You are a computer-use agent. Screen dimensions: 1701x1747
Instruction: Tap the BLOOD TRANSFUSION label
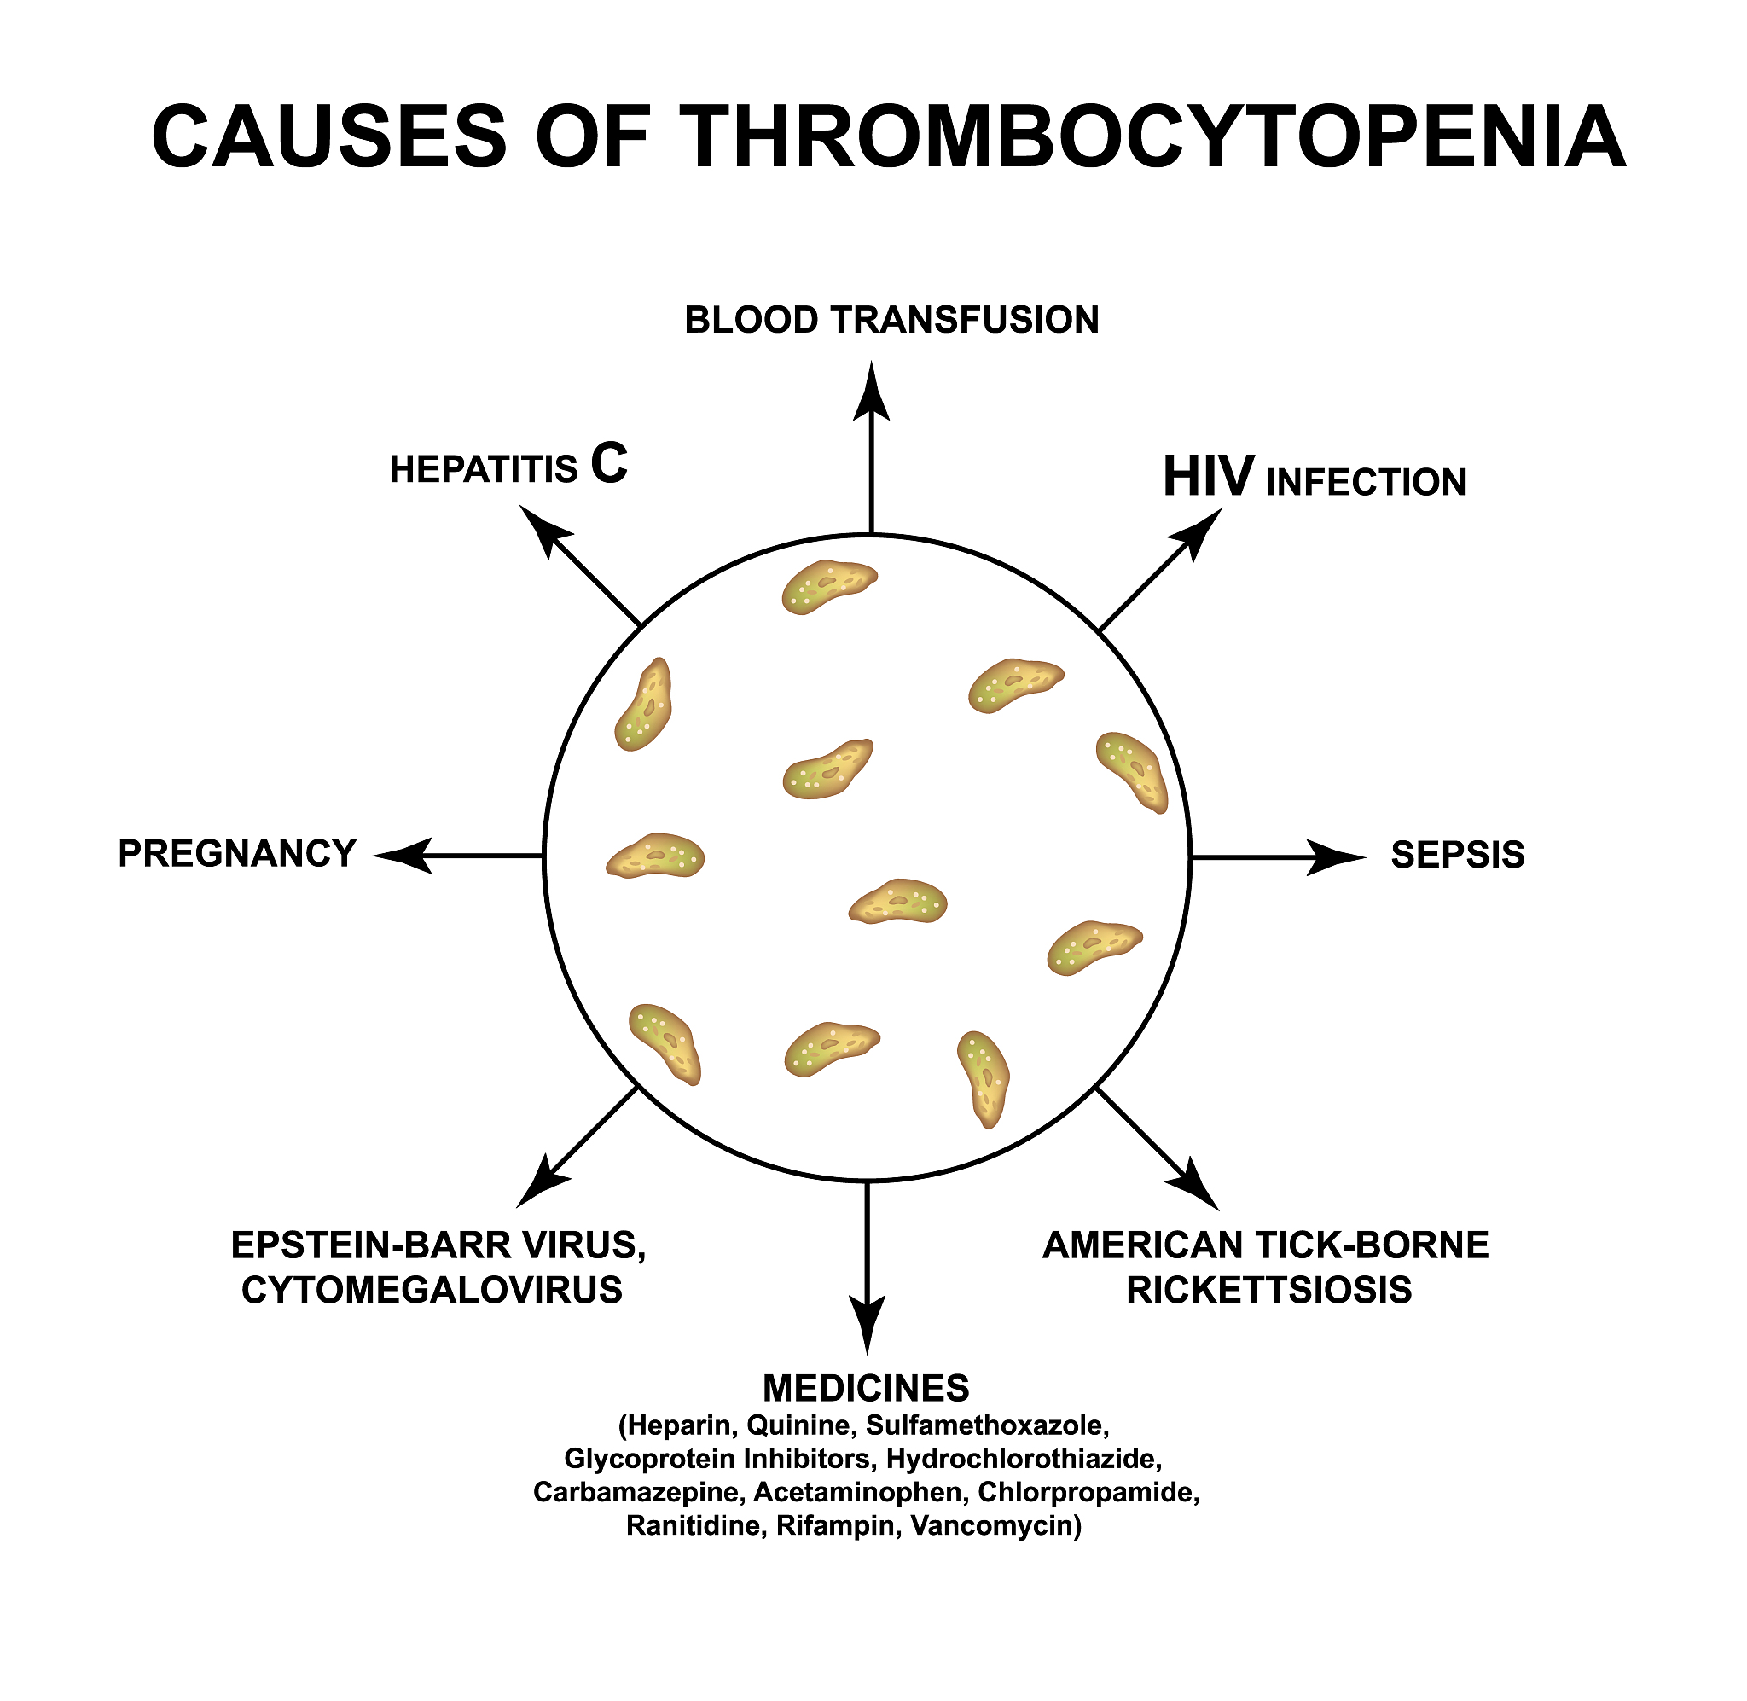[x=891, y=320]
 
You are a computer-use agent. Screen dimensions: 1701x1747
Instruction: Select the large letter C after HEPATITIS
[x=609, y=464]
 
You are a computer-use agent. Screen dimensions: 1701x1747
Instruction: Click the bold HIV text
[x=1209, y=477]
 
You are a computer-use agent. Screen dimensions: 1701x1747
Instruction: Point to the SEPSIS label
[x=1458, y=855]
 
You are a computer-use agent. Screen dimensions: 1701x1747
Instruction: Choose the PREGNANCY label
[x=238, y=854]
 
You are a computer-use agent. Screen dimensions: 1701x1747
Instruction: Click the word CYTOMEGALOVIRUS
[x=432, y=1289]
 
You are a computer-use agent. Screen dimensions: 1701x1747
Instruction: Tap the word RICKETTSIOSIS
[x=1269, y=1289]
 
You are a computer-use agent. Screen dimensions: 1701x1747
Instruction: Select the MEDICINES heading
[x=866, y=1388]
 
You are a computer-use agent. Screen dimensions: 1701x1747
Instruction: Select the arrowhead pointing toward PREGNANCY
[x=402, y=856]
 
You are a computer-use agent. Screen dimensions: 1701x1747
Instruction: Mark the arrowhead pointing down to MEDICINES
[x=868, y=1323]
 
